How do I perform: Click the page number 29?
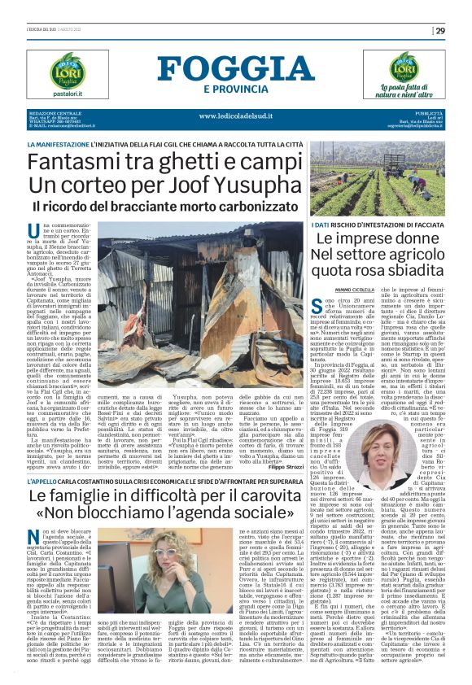click(x=439, y=31)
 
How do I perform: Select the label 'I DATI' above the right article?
click(x=323, y=224)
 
